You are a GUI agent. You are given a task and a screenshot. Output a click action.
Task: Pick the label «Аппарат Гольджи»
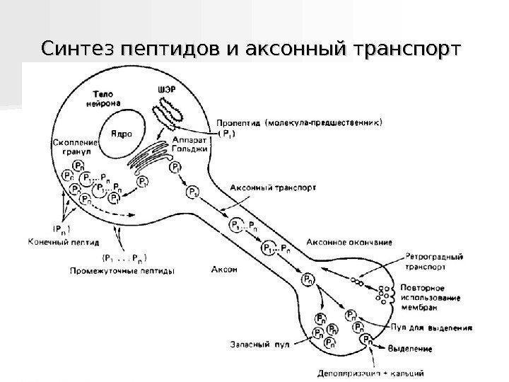tap(189, 144)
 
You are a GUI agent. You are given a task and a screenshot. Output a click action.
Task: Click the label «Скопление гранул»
tap(75, 147)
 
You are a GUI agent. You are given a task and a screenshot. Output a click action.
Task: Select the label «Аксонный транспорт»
tap(273, 188)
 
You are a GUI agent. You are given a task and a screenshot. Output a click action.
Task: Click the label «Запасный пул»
tap(251, 346)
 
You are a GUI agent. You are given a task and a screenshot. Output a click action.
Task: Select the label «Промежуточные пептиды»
tap(122, 270)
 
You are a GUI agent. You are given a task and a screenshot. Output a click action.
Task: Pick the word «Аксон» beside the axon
tap(223, 270)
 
